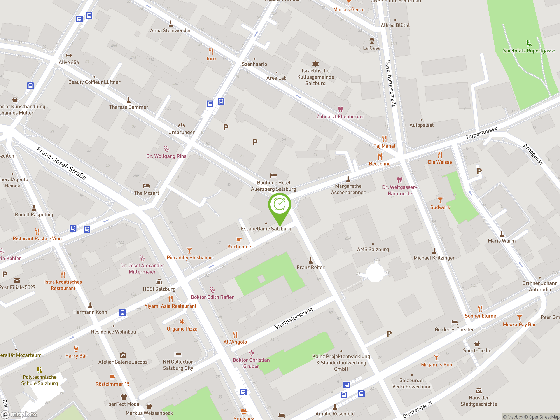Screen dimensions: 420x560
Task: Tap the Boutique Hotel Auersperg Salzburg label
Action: tap(273, 186)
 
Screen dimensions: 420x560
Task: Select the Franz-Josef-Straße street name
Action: tap(61, 163)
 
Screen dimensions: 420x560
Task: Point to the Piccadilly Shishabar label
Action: tap(189, 258)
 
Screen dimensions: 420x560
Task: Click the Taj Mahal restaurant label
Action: tap(384, 146)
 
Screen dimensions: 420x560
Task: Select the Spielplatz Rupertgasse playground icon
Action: tap(529, 44)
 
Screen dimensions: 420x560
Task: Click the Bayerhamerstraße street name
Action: tap(391, 84)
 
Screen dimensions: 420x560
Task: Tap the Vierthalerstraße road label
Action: tap(294, 318)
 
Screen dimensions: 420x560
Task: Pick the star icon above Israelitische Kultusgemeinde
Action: tap(315, 63)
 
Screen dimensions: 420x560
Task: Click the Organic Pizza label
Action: tap(182, 329)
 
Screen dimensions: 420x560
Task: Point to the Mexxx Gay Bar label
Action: tap(520, 325)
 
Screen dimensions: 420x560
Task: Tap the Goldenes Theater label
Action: tap(454, 330)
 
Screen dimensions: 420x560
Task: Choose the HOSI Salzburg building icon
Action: tap(159, 282)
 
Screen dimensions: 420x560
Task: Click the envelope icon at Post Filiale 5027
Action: tap(17, 280)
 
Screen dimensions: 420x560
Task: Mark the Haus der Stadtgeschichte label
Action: tap(479, 401)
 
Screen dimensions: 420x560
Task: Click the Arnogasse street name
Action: tap(533, 154)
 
